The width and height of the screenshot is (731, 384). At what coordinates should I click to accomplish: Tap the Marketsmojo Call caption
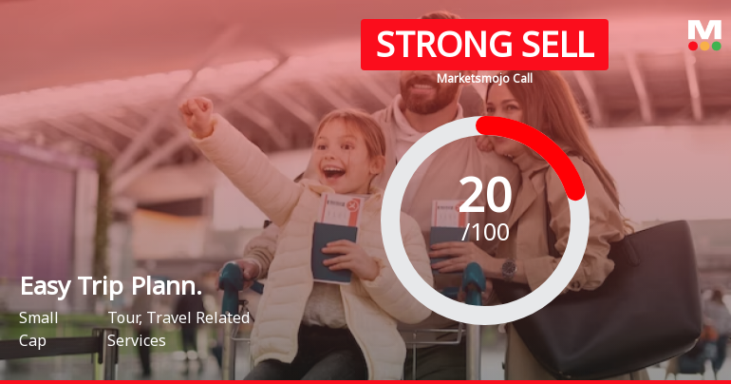tap(484, 78)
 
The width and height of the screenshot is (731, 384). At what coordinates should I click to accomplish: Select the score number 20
tap(485, 195)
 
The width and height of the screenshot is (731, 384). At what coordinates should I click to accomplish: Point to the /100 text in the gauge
tap(485, 232)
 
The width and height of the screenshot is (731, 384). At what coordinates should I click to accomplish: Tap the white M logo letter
tap(704, 30)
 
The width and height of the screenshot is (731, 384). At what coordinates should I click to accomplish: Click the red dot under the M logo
tap(693, 47)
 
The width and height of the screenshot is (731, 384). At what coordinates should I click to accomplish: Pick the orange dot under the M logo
tap(704, 47)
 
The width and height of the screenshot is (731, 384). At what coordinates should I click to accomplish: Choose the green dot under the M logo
tap(716, 47)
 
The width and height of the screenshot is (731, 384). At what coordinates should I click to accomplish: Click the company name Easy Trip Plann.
tap(111, 286)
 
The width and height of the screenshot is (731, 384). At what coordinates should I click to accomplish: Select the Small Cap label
tap(38, 330)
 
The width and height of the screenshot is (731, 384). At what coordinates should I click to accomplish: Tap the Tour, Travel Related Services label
tap(178, 330)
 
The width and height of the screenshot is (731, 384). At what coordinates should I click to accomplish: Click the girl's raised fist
tap(197, 115)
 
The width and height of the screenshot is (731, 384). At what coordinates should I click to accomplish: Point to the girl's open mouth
tap(334, 172)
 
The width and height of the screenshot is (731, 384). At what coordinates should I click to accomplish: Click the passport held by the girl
tap(333, 252)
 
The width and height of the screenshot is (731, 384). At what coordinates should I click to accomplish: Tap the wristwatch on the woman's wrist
tap(509, 269)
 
